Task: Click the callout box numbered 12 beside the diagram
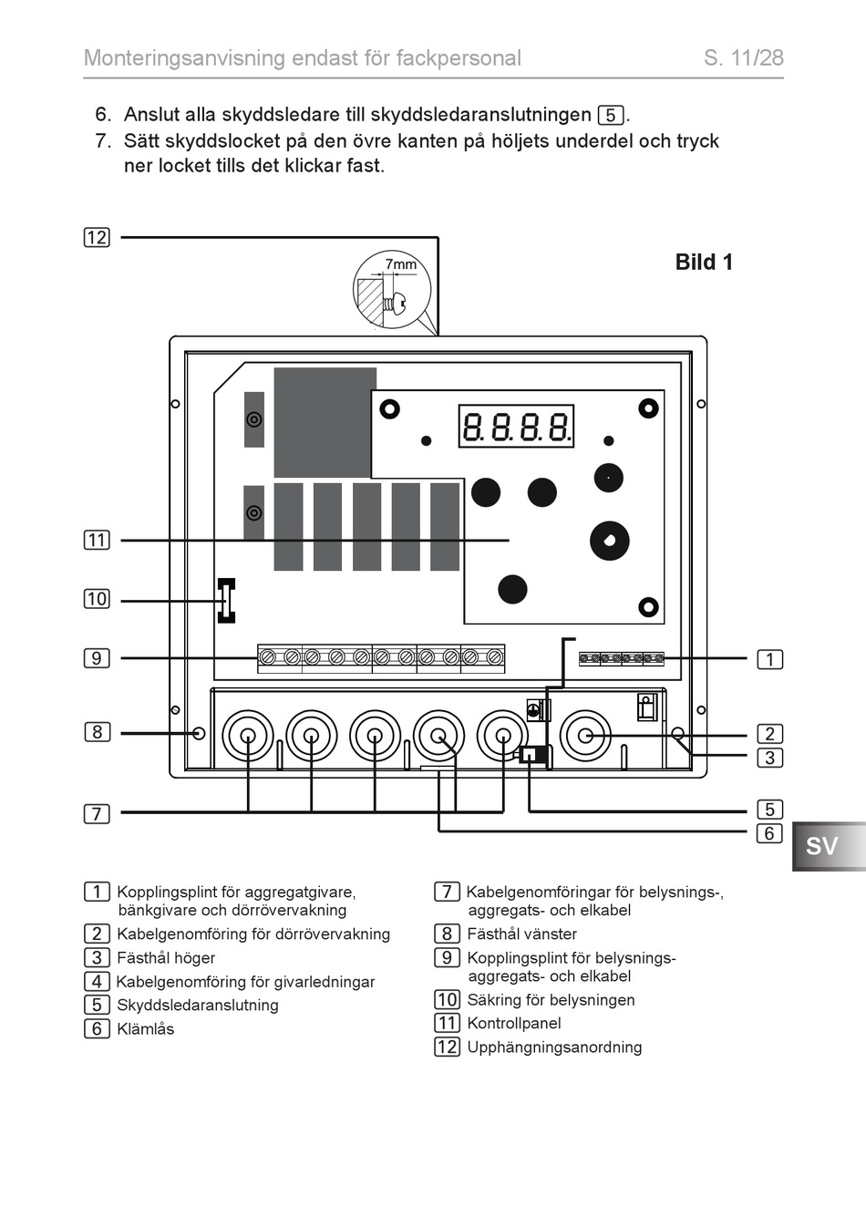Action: (x=97, y=238)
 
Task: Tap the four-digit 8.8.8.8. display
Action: (x=516, y=426)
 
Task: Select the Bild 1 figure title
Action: (x=704, y=263)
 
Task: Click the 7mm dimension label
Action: (x=400, y=264)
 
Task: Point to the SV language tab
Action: (x=823, y=846)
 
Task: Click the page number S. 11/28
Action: (x=743, y=57)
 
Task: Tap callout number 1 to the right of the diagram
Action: (x=770, y=659)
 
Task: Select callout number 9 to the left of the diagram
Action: (x=97, y=658)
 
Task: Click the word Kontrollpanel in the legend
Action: (x=514, y=1024)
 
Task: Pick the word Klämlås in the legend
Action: (x=146, y=1029)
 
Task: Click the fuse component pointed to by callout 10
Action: (x=226, y=601)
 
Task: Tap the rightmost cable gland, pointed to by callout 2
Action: (x=585, y=736)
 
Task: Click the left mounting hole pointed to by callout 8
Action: (x=199, y=733)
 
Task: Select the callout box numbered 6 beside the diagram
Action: (x=769, y=833)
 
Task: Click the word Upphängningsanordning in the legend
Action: (x=554, y=1048)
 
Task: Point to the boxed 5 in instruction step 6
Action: (x=611, y=116)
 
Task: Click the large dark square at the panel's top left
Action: (x=325, y=422)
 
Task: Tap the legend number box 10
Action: (x=447, y=1000)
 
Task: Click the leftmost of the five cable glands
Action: (x=248, y=736)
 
